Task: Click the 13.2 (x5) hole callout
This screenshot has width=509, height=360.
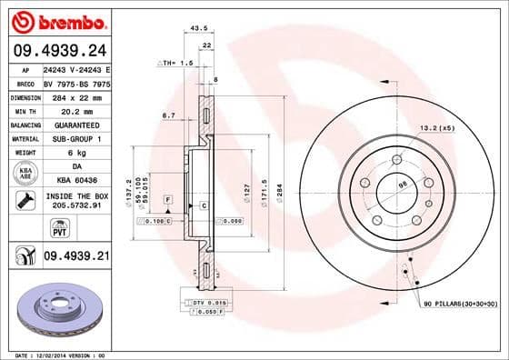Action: click(x=436, y=128)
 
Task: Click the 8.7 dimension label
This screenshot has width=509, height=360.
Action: click(x=168, y=115)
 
